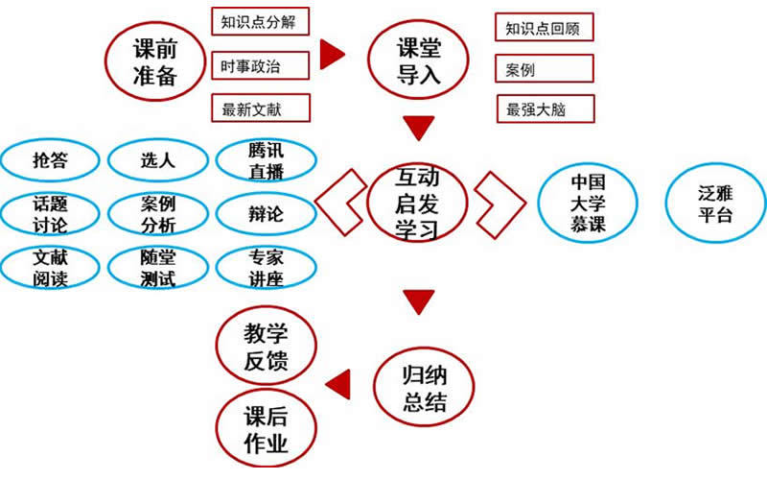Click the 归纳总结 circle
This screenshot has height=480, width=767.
coord(423,386)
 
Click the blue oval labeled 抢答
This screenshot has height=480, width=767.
coord(50,160)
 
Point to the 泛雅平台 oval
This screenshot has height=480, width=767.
coord(715,203)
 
